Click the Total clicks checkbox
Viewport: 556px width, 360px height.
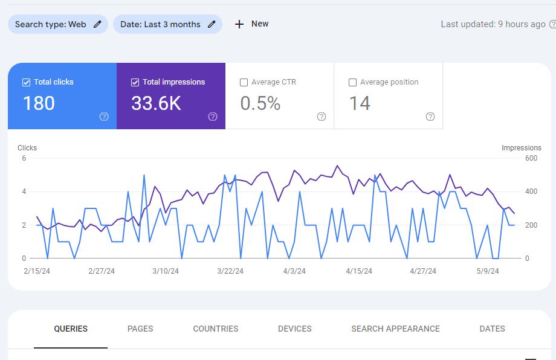point(26,82)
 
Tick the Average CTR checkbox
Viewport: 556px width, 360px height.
point(244,82)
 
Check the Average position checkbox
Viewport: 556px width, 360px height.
point(352,82)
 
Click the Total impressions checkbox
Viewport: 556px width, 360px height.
point(135,82)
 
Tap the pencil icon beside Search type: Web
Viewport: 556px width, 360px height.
point(97,24)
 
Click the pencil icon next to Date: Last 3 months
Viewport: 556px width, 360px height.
point(212,24)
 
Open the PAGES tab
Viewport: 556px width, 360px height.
point(140,329)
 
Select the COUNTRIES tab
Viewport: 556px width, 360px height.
point(216,329)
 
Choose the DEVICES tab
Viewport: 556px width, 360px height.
point(295,329)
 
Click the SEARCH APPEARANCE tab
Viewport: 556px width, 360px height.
point(395,329)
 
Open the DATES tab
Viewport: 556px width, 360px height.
point(492,329)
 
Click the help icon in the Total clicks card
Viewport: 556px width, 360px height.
point(104,117)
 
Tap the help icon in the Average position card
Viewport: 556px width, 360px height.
point(430,117)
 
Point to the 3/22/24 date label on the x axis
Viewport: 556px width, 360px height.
point(230,271)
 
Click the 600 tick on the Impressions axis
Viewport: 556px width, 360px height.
point(531,158)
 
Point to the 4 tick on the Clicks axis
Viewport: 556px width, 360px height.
point(24,191)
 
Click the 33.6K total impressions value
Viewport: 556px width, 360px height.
point(156,103)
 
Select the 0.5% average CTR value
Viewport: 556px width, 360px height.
point(260,103)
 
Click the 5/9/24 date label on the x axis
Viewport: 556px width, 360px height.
point(488,271)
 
